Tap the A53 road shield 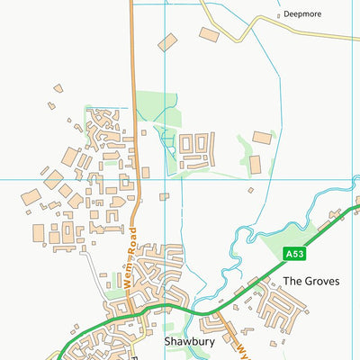tap(295, 254)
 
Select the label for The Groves tap(311, 281)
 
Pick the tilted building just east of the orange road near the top tap(167, 42)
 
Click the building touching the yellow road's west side tap(209, 34)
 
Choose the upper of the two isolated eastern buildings tap(262, 138)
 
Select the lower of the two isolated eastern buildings tap(255, 165)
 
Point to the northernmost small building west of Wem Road tap(58, 88)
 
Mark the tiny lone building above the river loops tap(250, 190)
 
